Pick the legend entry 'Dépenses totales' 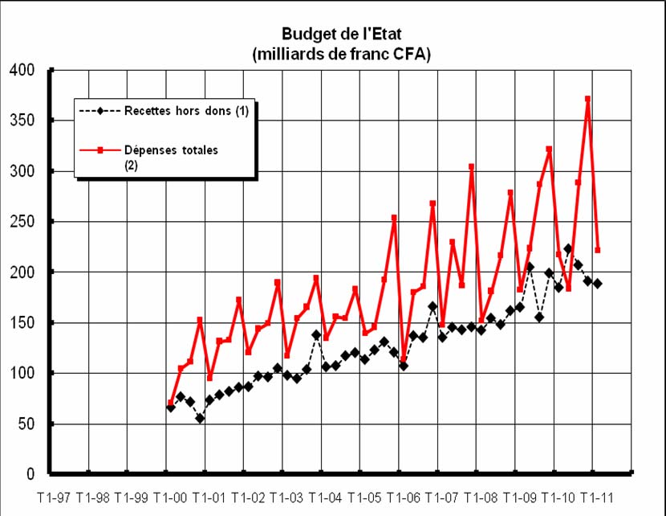pyautogui.click(x=171, y=149)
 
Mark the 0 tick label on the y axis pyautogui.click(x=30, y=474)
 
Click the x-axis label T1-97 pyautogui.click(x=55, y=498)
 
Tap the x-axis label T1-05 pyautogui.click(x=365, y=498)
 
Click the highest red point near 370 pyautogui.click(x=588, y=99)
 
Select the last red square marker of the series pyautogui.click(x=598, y=250)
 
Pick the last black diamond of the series pyautogui.click(x=598, y=283)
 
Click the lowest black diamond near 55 pyautogui.click(x=200, y=419)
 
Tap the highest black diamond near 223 pyautogui.click(x=568, y=249)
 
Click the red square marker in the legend pyautogui.click(x=99, y=149)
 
